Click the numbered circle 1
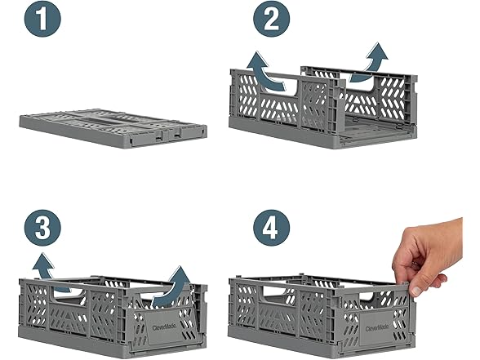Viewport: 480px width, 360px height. tap(42, 19)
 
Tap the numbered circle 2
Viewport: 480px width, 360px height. tap(271, 19)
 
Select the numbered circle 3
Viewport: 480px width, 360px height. tap(42, 228)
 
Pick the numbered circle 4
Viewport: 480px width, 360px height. tap(271, 228)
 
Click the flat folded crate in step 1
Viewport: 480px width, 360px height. tap(113, 127)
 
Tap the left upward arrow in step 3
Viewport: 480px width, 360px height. tap(49, 271)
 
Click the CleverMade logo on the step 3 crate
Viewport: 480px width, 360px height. tap(164, 327)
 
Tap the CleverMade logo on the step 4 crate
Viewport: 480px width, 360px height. tap(377, 328)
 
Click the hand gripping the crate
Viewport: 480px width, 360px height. tap(429, 257)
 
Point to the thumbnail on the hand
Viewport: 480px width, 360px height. tap(416, 291)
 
